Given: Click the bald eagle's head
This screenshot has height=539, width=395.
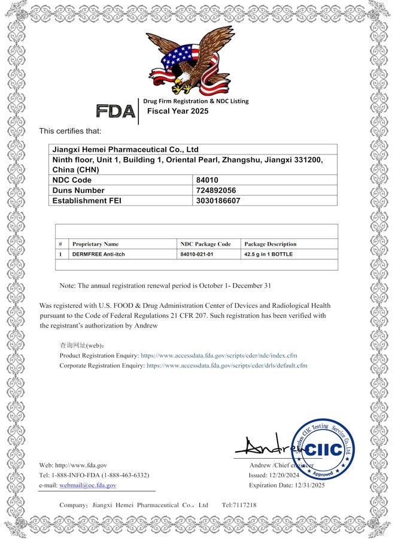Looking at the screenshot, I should click(180, 71).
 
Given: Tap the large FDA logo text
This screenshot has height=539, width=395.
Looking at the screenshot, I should click(116, 111).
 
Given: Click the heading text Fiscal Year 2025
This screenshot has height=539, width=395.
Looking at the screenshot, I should click(178, 111).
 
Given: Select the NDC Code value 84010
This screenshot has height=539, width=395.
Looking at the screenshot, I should click(208, 180).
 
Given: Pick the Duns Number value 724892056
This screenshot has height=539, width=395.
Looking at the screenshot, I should click(217, 190).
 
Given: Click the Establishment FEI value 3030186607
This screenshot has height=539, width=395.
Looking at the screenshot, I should click(218, 201).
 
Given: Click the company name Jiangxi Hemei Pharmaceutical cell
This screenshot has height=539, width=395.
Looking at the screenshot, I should click(126, 149).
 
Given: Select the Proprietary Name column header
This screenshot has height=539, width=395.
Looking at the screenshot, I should click(95, 244).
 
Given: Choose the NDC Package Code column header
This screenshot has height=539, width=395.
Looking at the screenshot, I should click(205, 244).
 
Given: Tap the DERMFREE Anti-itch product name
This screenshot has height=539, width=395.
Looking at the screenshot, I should click(99, 255).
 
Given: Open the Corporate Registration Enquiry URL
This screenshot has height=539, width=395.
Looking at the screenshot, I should click(227, 365).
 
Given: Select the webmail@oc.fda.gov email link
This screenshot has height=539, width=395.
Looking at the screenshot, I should click(88, 485).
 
